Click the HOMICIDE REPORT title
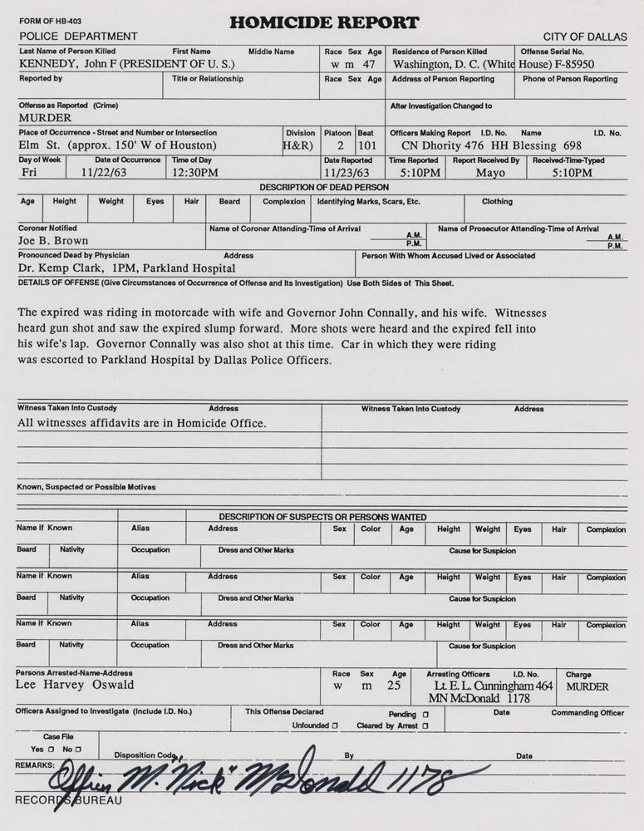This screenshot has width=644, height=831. (x=323, y=22)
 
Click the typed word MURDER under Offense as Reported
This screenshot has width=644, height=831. (x=45, y=118)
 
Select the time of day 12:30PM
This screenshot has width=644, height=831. (x=195, y=173)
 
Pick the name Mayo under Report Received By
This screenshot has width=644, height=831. (x=490, y=173)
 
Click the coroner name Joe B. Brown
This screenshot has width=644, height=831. (x=53, y=241)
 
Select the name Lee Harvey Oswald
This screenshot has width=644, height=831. (x=75, y=686)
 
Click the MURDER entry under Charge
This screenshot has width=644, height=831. (x=587, y=686)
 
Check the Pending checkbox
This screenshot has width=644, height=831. (x=425, y=714)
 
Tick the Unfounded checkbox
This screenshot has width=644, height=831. (x=335, y=725)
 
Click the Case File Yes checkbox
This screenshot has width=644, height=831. (x=51, y=749)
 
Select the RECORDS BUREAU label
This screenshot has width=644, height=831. (x=69, y=800)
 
